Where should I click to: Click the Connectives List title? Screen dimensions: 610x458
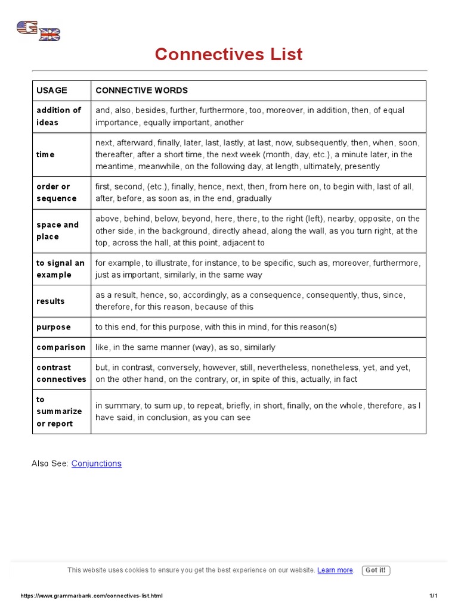click(x=228, y=54)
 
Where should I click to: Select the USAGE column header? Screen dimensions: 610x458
click(x=52, y=91)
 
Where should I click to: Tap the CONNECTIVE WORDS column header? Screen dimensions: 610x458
click(x=141, y=91)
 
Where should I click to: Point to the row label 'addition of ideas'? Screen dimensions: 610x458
click(x=58, y=116)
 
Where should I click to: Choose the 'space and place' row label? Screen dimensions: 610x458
click(x=57, y=231)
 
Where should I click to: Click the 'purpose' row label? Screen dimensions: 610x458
click(x=54, y=327)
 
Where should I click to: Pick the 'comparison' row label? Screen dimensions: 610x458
click(x=61, y=347)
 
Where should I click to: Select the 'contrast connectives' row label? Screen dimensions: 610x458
click(x=61, y=374)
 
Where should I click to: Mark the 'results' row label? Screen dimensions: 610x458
click(x=51, y=301)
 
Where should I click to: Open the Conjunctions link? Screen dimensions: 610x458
click(x=97, y=463)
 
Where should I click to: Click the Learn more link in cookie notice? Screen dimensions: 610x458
click(x=335, y=570)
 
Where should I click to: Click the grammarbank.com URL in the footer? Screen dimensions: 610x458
click(x=92, y=596)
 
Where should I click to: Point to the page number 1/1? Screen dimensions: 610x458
click(x=433, y=596)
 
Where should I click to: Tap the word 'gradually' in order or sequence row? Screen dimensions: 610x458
click(x=253, y=198)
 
